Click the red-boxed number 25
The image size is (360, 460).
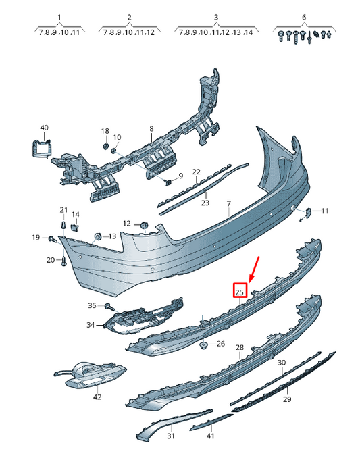click(x=239, y=292)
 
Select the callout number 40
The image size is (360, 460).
click(x=44, y=128)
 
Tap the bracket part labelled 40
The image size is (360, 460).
click(x=42, y=149)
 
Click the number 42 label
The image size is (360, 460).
click(x=97, y=397)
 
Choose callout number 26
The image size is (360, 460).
click(x=220, y=344)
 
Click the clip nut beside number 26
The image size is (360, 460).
click(x=203, y=346)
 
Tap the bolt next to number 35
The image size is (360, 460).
click(x=110, y=307)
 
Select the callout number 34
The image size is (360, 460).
click(x=91, y=325)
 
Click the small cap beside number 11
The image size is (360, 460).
click(x=309, y=212)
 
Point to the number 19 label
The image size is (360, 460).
click(x=36, y=237)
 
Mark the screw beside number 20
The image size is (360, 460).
click(x=63, y=261)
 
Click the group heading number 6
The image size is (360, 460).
click(x=304, y=17)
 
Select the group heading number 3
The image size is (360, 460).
click(x=216, y=17)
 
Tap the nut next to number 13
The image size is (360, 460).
click(x=97, y=236)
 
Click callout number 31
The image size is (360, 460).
click(x=171, y=436)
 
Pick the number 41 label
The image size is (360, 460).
click(x=210, y=436)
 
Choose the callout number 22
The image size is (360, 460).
click(x=197, y=172)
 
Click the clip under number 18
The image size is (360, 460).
click(x=105, y=146)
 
